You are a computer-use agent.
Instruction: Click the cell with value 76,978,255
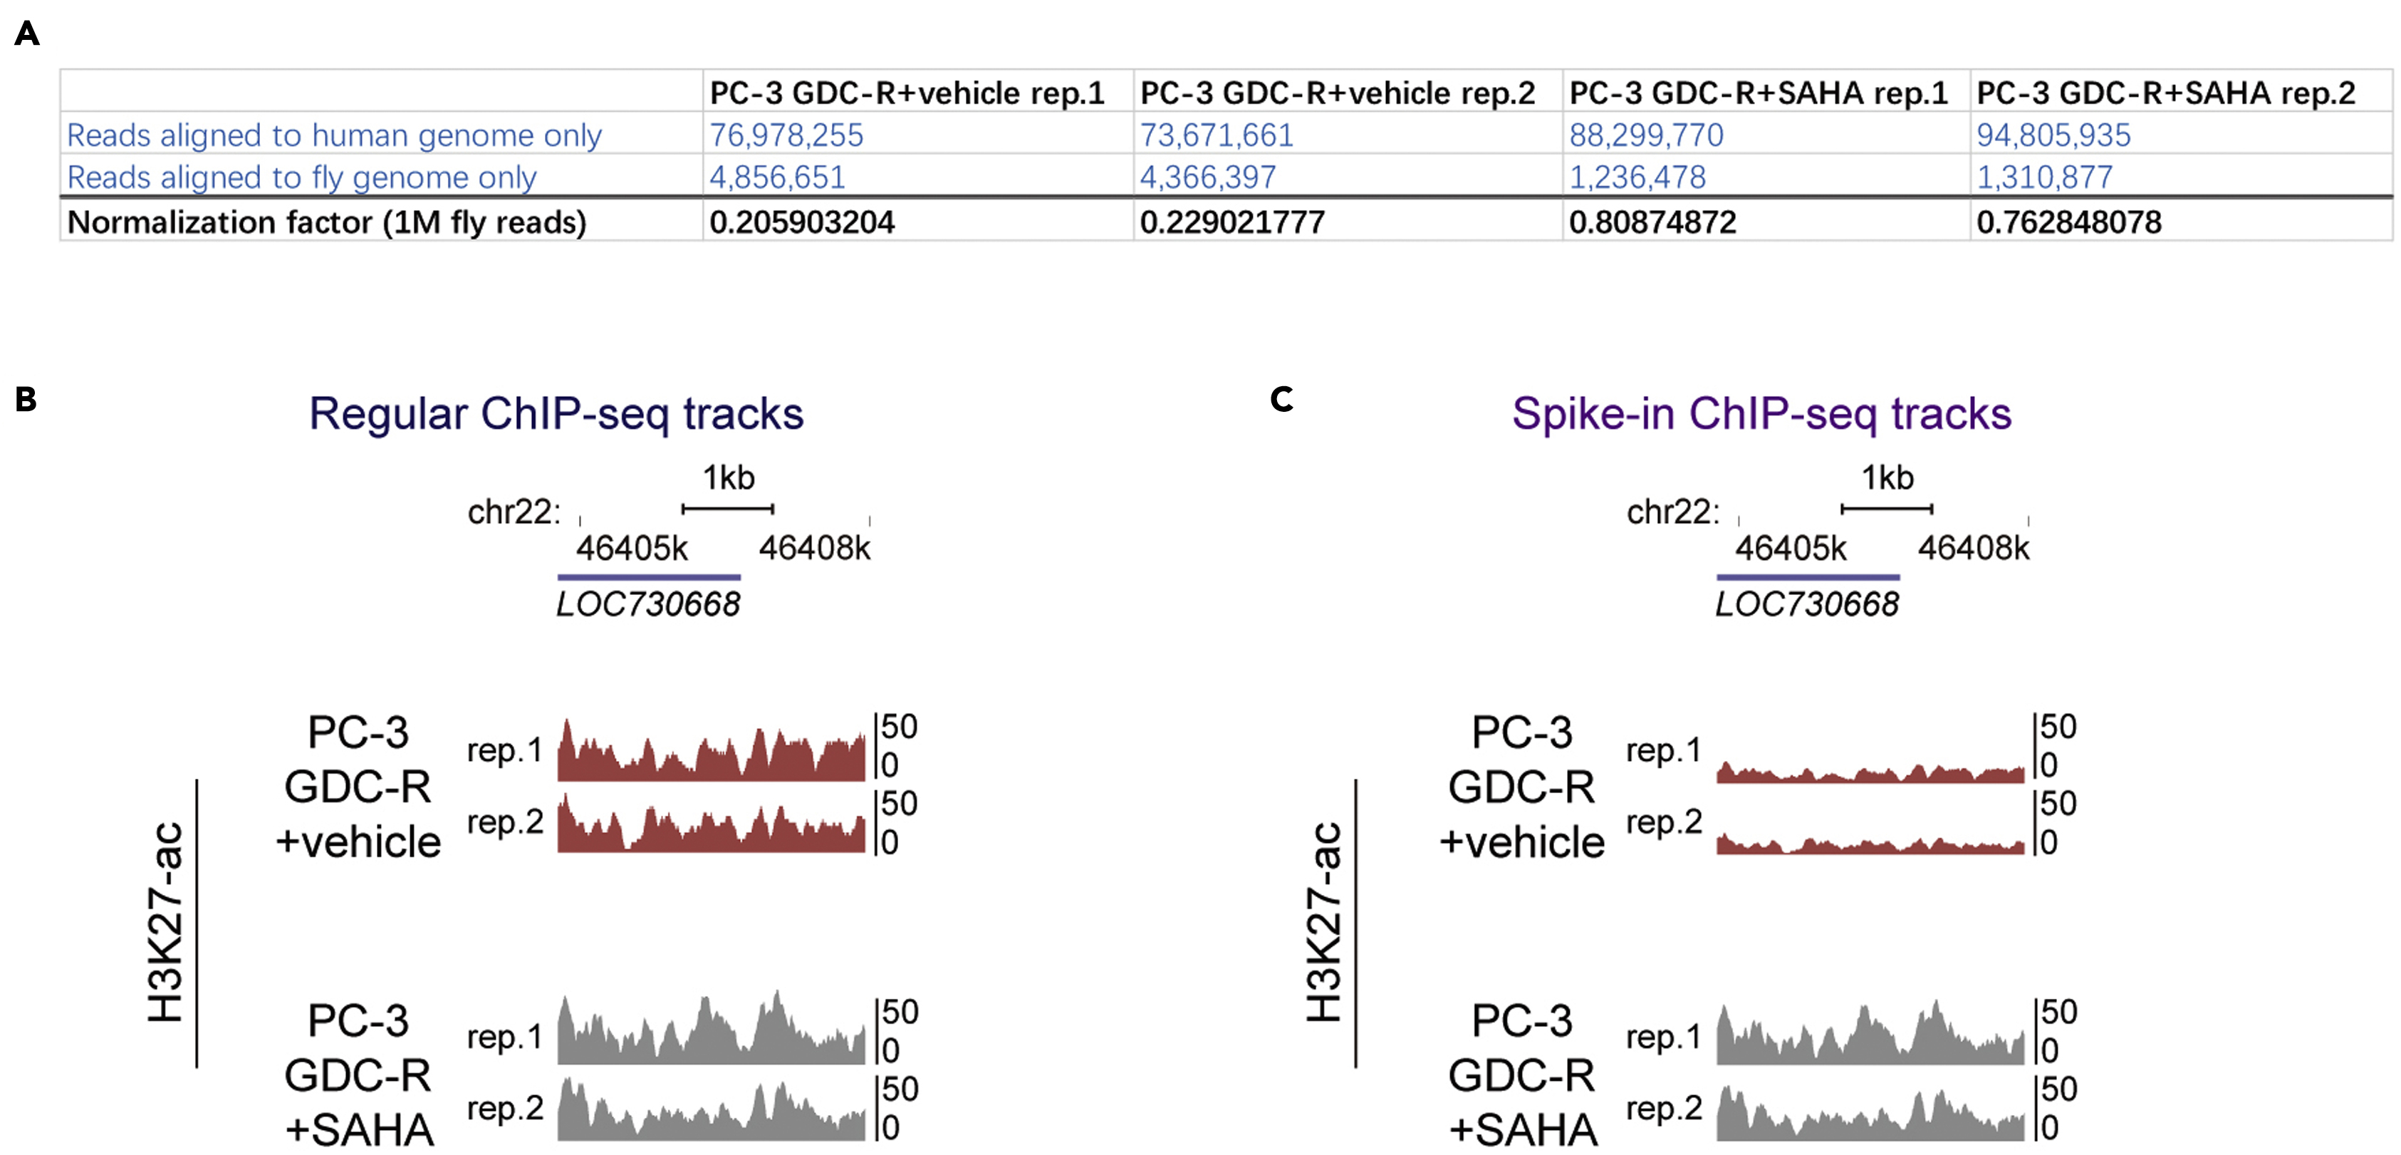pyautogui.click(x=786, y=135)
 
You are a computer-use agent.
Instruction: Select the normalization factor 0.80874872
pyautogui.click(x=1652, y=222)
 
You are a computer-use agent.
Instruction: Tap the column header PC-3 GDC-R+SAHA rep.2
pyautogui.click(x=2165, y=93)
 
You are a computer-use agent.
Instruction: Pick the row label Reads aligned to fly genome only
pyautogui.click(x=301, y=177)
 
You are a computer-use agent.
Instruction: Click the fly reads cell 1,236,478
pyautogui.click(x=1637, y=177)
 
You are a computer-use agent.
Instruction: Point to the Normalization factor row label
pyautogui.click(x=326, y=222)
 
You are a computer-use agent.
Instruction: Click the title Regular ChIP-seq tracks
pyautogui.click(x=556, y=413)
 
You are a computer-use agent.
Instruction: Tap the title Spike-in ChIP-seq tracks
pyautogui.click(x=1761, y=413)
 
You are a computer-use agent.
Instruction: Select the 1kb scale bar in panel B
pyautogui.click(x=727, y=508)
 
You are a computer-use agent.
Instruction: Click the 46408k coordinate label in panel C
pyautogui.click(x=1972, y=548)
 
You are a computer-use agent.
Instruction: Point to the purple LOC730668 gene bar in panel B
pyautogui.click(x=649, y=577)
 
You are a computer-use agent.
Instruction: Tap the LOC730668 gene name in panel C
pyautogui.click(x=1806, y=604)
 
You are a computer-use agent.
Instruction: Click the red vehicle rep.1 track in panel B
pyautogui.click(x=710, y=760)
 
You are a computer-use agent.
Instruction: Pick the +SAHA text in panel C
pyautogui.click(x=1522, y=1130)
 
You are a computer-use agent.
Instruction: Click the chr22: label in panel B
pyautogui.click(x=514, y=512)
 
